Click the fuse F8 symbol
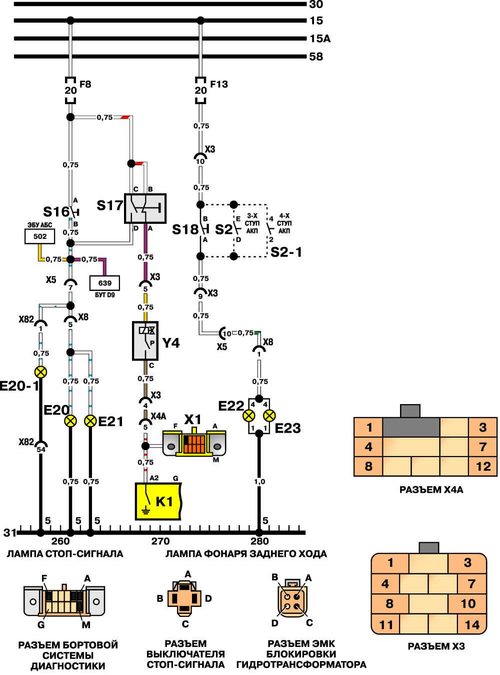click(x=70, y=91)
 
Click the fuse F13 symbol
click(x=200, y=91)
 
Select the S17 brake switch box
click(x=145, y=208)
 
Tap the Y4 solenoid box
click(x=145, y=341)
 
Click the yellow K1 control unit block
click(x=158, y=501)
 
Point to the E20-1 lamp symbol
click(x=40, y=372)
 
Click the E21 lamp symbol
click(x=90, y=421)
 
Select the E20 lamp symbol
click(x=70, y=421)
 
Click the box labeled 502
click(x=40, y=236)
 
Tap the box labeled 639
click(x=104, y=283)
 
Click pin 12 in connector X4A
click(x=483, y=466)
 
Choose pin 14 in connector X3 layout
click(x=471, y=624)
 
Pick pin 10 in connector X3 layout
click(x=467, y=603)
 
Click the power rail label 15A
click(x=320, y=39)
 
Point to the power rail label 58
click(x=316, y=57)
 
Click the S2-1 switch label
click(x=286, y=252)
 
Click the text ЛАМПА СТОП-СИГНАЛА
click(x=64, y=554)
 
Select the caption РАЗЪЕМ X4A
click(x=431, y=490)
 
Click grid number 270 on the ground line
click(x=160, y=541)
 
